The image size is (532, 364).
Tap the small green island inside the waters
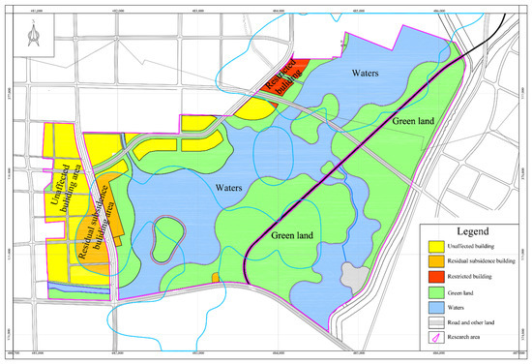click(166, 237)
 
